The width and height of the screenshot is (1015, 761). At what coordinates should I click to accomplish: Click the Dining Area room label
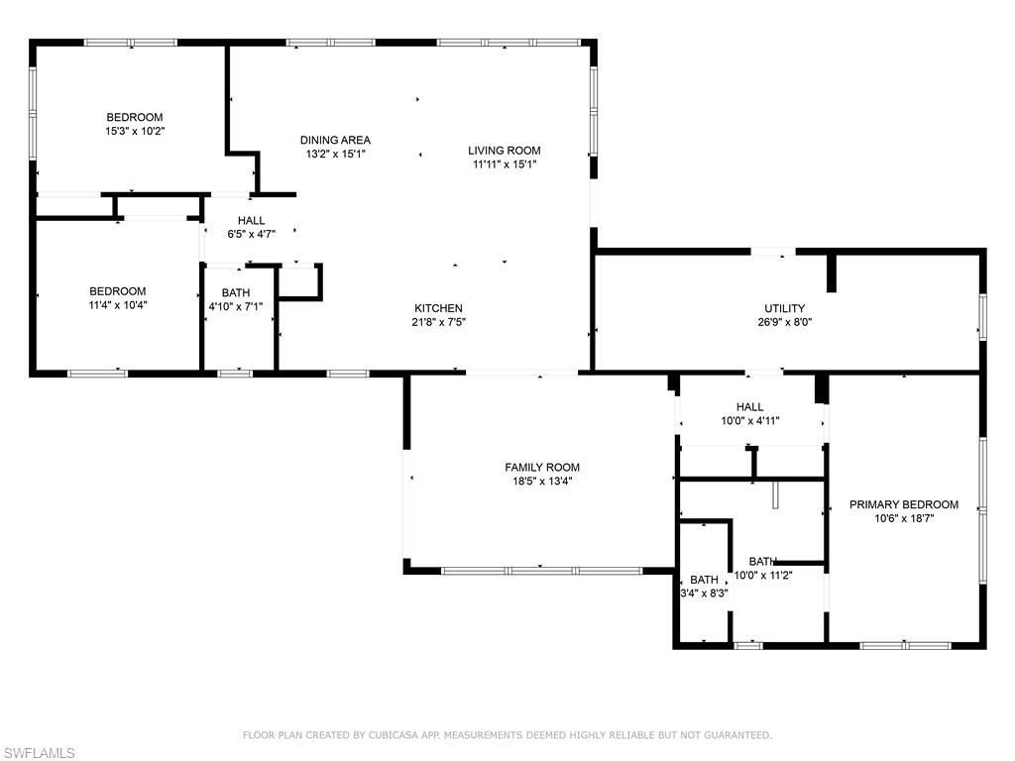335,140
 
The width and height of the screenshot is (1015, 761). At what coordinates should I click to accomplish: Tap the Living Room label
505,151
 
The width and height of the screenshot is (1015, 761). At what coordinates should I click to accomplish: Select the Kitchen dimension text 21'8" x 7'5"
438,322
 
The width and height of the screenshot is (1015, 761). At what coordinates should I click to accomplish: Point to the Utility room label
784,308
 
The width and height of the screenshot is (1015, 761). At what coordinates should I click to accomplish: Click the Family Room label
542,468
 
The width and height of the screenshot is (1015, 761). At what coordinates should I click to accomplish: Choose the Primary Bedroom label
904,504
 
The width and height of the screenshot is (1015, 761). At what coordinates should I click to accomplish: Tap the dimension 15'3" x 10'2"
135,131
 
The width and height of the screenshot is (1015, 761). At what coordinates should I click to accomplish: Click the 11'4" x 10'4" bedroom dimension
118,305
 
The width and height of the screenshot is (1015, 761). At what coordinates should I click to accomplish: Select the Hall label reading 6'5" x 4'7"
251,234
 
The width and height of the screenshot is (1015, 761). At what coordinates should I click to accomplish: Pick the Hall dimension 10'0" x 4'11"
750,421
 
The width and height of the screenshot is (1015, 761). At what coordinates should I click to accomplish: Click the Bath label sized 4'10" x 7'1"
236,306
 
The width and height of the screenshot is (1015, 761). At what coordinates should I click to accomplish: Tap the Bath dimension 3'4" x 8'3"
705,594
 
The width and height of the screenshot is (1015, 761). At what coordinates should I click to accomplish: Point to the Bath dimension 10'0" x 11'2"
764,575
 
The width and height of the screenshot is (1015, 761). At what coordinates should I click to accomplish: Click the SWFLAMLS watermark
38,753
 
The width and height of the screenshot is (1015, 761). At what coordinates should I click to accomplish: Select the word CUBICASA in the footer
394,735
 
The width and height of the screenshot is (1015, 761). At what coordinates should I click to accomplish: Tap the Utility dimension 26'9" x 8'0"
784,322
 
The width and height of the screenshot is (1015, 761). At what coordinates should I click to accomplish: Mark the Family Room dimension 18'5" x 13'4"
542,482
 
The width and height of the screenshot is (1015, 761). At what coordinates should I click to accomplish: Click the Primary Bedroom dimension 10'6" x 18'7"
904,518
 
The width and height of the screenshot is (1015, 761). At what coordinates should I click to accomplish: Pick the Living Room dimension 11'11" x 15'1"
505,164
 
